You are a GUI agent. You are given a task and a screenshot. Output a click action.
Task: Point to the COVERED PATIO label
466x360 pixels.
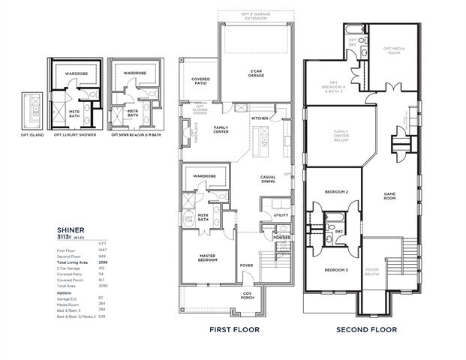200,81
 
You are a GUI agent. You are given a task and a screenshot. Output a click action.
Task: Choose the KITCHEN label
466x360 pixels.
260,118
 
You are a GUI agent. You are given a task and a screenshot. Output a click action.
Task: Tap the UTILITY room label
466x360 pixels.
281,215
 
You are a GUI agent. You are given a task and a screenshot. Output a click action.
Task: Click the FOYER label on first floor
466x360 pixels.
247,264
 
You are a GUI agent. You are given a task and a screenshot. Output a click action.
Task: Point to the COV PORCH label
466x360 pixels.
247,295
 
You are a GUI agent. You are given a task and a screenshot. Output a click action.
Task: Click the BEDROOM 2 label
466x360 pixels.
335,192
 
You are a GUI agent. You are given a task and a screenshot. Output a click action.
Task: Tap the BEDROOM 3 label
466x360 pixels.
335,269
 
